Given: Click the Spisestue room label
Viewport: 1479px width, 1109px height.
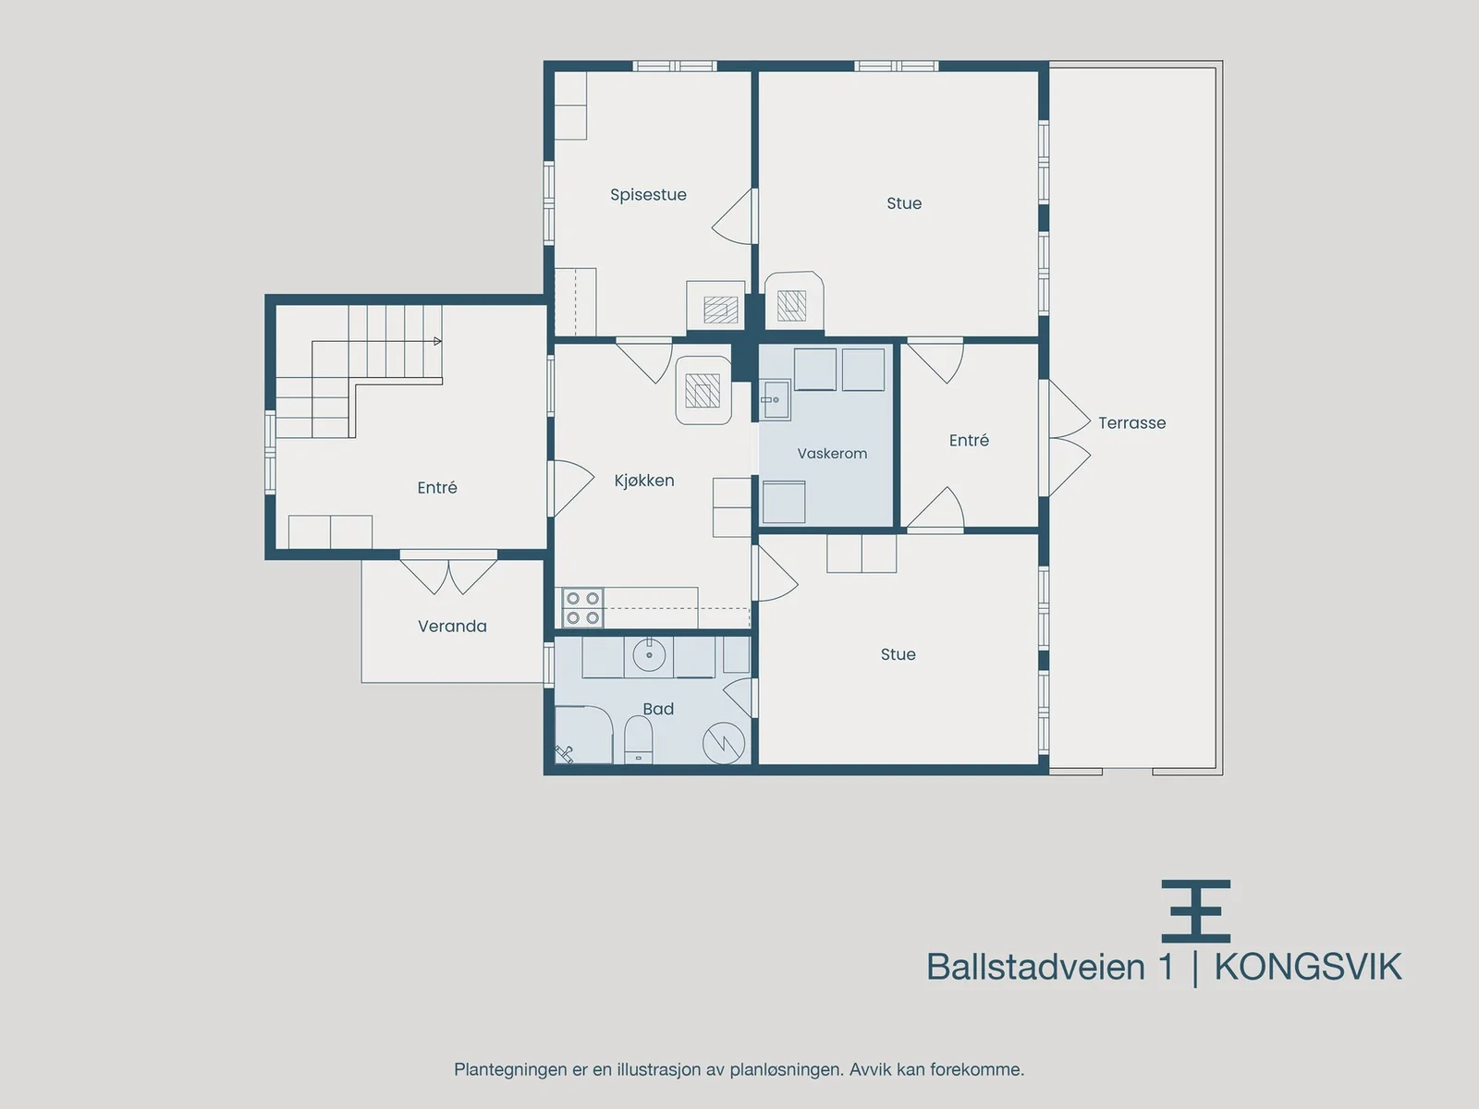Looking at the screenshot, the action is click(x=648, y=195).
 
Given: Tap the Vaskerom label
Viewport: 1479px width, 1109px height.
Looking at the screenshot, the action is click(x=832, y=454).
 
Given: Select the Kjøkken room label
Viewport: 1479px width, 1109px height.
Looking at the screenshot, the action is click(x=644, y=481).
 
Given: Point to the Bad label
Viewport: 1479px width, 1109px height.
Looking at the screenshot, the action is click(x=658, y=709).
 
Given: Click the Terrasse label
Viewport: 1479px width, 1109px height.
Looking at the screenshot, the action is click(x=1132, y=423).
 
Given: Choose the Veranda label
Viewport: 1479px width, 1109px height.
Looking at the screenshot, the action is click(x=452, y=627).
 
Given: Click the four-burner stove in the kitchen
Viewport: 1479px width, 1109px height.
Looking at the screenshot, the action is click(x=583, y=608).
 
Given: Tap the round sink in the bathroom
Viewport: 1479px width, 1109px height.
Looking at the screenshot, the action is click(x=649, y=653).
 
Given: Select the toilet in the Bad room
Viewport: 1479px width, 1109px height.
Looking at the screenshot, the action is click(x=639, y=738).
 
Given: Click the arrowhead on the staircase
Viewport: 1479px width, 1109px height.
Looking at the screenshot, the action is click(x=438, y=341).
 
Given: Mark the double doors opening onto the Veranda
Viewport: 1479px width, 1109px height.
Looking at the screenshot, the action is click(x=448, y=574).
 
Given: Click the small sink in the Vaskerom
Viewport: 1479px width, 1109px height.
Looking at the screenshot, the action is click(x=775, y=399).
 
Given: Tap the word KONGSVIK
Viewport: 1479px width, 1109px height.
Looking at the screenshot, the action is click(x=1308, y=967).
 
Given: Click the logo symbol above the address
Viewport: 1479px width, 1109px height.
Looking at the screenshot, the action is click(x=1196, y=911).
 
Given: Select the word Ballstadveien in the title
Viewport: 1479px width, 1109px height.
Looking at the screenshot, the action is click(x=1035, y=967).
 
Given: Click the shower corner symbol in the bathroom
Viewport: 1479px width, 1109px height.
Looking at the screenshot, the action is click(x=565, y=753).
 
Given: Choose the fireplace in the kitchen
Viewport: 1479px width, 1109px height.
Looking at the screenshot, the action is click(x=703, y=391).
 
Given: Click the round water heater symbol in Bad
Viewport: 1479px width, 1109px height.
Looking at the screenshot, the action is click(x=724, y=743).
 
